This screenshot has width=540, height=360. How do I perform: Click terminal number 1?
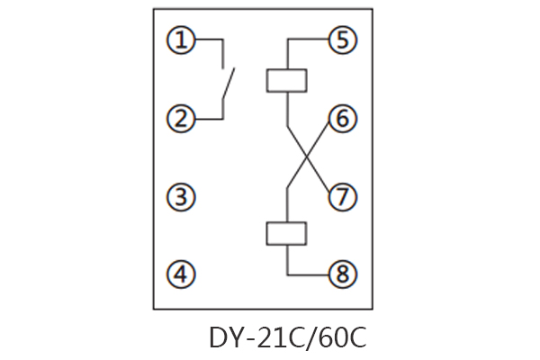coord(183,40)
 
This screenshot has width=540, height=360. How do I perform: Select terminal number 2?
coord(183,119)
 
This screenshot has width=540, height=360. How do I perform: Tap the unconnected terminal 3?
coord(183,197)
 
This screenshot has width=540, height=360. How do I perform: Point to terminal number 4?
coord(183,274)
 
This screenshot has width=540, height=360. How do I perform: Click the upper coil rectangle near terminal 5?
coord(287,79)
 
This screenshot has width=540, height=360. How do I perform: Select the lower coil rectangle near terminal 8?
coord(287,234)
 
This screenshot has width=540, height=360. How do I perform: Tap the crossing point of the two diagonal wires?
coord(307,158)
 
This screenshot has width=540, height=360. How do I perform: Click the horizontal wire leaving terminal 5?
coord(307,40)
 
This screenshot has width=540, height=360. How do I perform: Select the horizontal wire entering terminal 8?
coord(307,274)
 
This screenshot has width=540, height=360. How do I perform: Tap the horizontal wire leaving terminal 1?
coord(208,40)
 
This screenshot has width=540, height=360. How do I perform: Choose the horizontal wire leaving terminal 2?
coord(208,119)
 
